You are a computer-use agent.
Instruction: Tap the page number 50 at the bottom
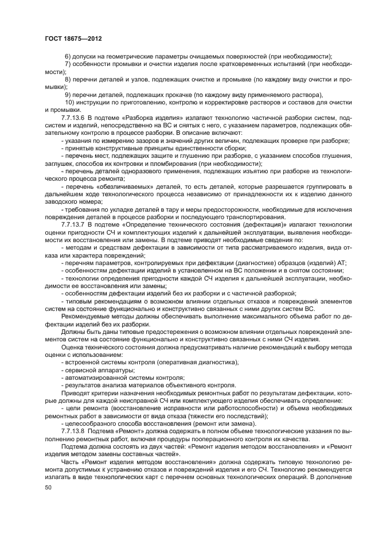tap(48, 487)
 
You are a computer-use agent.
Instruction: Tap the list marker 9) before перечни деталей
tap(68, 95)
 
